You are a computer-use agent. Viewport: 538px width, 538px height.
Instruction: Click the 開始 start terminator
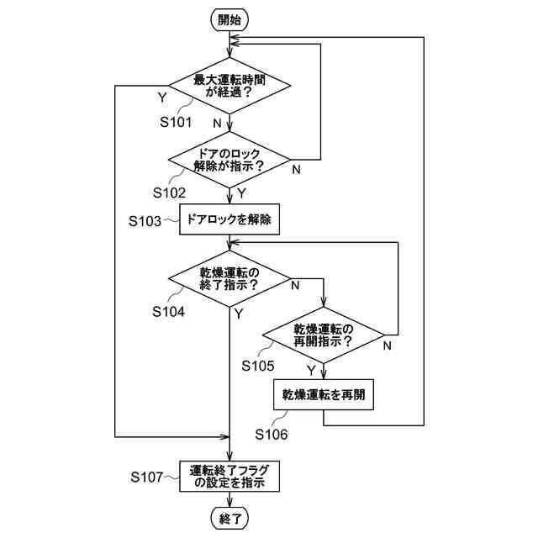(x=229, y=21)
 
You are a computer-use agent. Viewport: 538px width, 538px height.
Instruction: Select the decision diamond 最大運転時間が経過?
(x=229, y=85)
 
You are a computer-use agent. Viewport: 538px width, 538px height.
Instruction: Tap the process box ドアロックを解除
(x=229, y=221)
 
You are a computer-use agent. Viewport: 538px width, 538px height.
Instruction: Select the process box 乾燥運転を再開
(x=324, y=393)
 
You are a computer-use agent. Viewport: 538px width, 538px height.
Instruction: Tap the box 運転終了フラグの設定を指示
(x=229, y=477)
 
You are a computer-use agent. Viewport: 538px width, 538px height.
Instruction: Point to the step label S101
(x=177, y=122)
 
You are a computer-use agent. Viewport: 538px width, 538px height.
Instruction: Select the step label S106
(x=271, y=435)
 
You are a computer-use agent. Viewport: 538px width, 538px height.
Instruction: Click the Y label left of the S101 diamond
(x=161, y=98)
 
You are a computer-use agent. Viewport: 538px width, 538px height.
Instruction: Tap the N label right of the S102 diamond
(x=296, y=170)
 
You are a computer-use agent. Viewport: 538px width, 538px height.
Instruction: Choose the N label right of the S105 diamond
(x=388, y=345)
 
